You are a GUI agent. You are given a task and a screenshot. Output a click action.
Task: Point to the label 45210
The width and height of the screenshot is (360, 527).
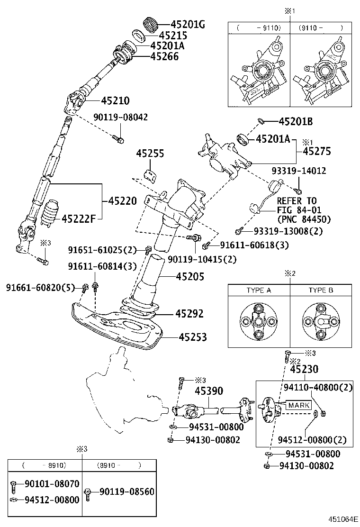[x=115, y=100]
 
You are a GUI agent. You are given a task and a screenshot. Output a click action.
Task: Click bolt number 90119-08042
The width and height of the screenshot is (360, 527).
[x=120, y=117]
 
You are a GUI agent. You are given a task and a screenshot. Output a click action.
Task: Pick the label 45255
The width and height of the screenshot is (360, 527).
[x=150, y=154]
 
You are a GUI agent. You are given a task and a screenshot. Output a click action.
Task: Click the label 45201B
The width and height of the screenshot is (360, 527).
[x=296, y=122]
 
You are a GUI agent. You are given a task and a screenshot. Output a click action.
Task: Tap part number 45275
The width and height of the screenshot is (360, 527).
[x=317, y=151]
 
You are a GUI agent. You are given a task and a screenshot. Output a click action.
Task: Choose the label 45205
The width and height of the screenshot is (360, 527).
[x=190, y=276]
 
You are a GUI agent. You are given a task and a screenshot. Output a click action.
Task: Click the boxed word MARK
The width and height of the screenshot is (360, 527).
[x=299, y=405]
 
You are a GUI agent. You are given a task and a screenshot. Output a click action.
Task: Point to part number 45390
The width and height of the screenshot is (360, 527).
[x=209, y=391]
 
